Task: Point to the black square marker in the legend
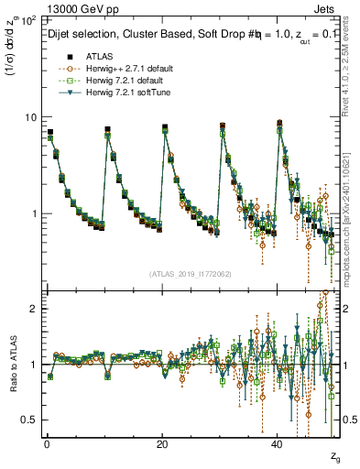point(58,57)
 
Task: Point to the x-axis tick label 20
point(162,444)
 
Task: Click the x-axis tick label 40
point(278,444)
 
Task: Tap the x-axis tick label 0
point(47,444)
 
